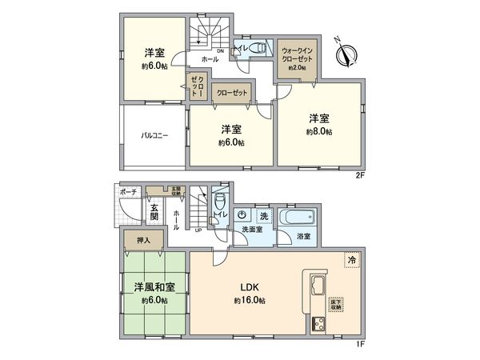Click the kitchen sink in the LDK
[313, 284]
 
